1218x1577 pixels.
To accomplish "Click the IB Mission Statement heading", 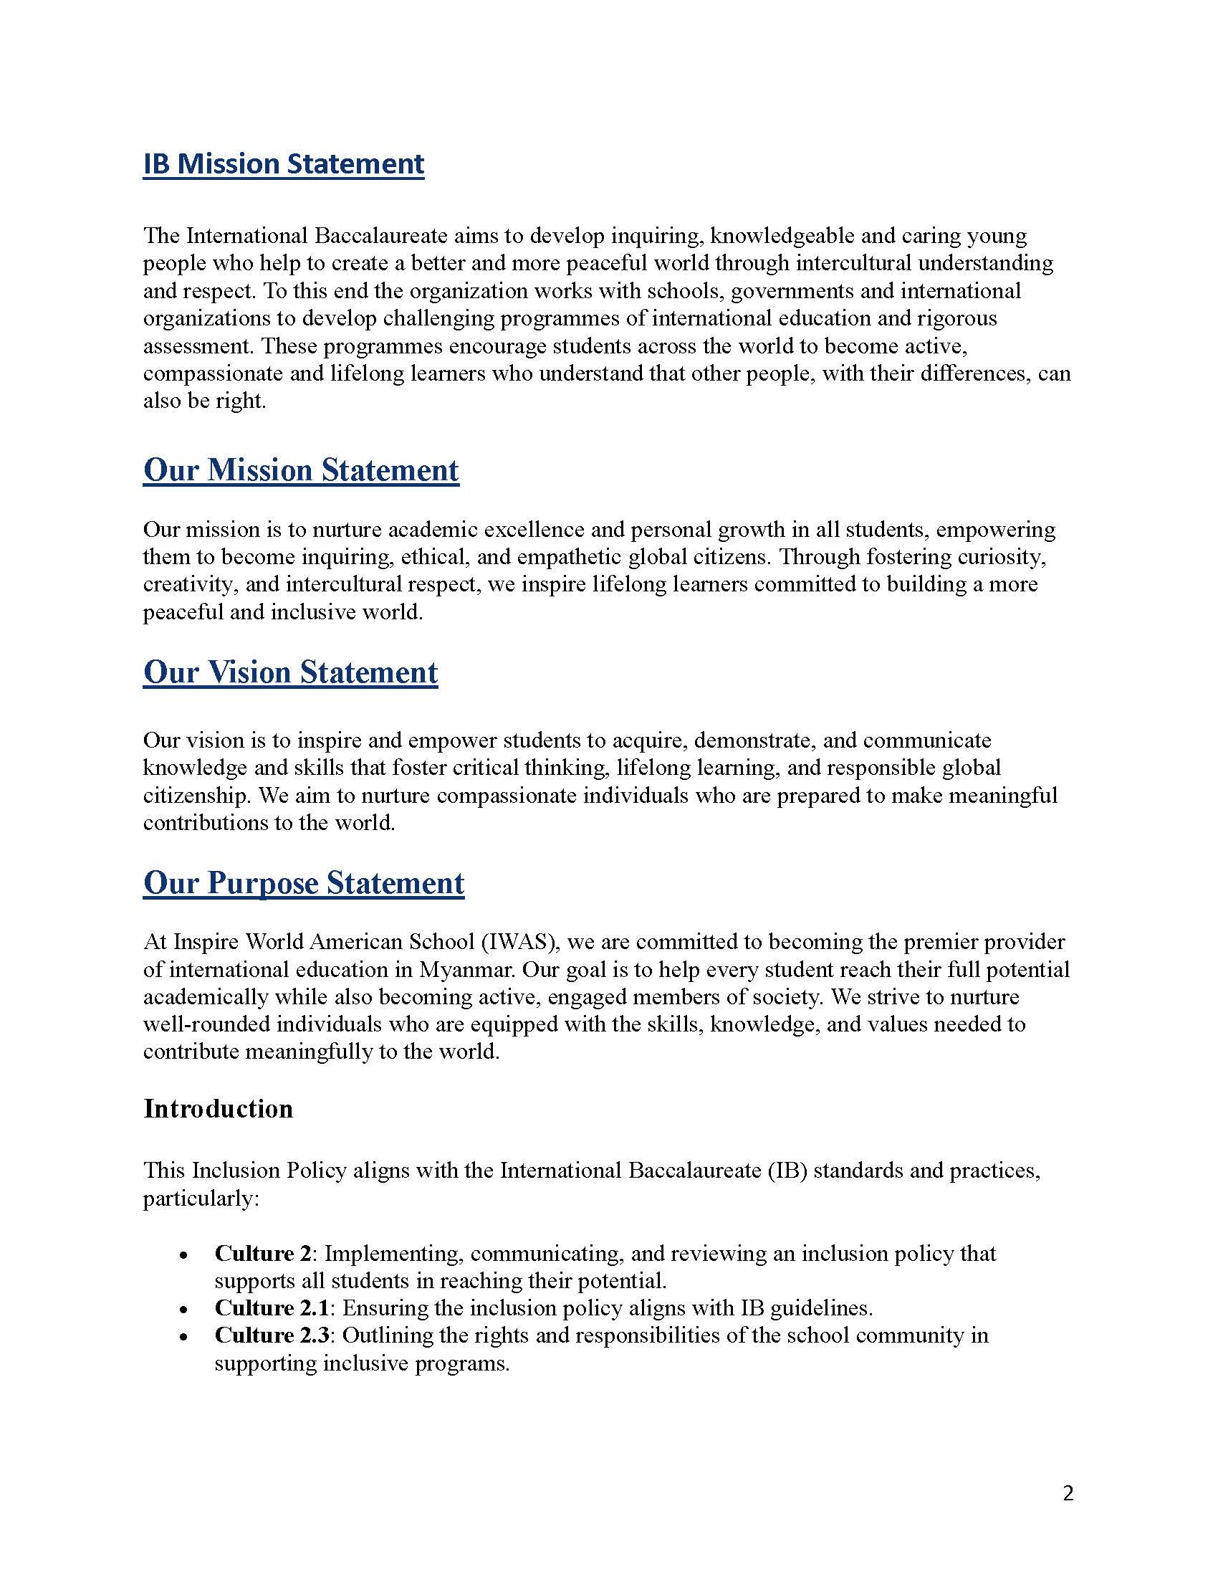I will [284, 164].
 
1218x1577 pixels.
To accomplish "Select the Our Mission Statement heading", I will [301, 470].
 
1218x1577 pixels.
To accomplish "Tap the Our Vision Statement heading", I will [290, 672].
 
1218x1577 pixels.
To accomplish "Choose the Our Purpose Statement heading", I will [304, 883].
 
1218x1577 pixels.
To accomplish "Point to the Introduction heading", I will [218, 1108].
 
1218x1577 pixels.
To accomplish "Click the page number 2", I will [1069, 1493].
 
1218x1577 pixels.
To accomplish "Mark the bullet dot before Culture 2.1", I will [185, 1309].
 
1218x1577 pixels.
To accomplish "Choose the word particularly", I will [201, 1199].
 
